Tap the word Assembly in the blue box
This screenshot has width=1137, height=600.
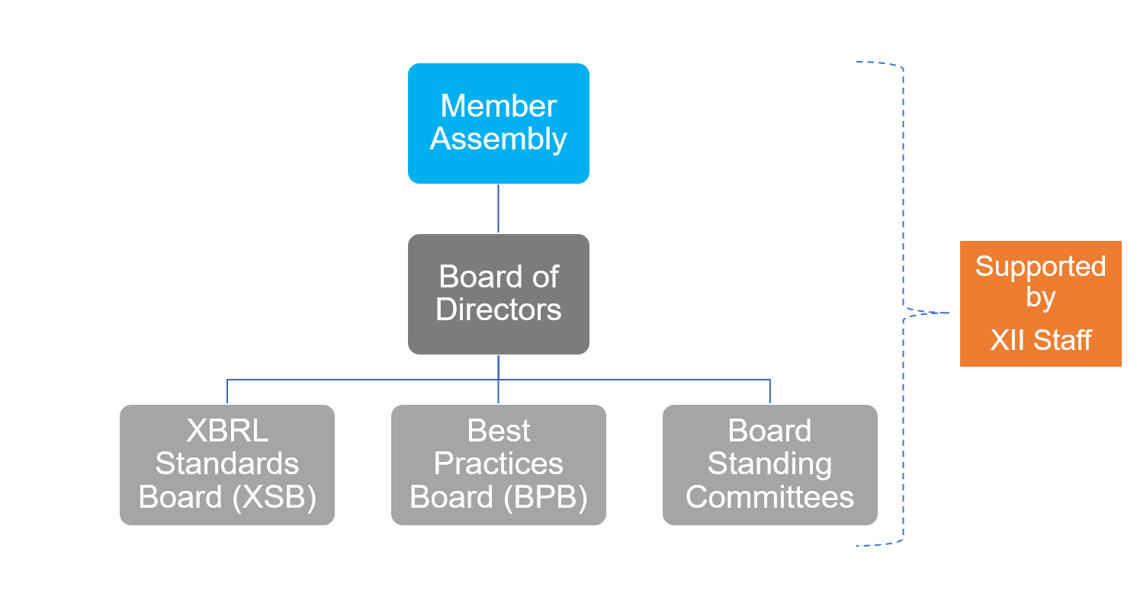pos(499,139)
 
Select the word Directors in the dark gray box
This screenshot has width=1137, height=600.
pos(499,310)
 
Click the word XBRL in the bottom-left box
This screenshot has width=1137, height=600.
pos(227,431)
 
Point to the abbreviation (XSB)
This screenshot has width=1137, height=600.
pos(275,497)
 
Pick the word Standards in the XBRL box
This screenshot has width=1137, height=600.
pos(227,464)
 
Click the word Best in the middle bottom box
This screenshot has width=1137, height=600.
pos(499,431)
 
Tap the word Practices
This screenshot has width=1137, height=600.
pos(499,464)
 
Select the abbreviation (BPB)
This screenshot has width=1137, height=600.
pos(546,497)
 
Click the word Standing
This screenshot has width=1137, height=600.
pos(770,464)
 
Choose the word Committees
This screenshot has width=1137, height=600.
pos(770,497)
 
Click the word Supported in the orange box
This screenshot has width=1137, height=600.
pos(1041,267)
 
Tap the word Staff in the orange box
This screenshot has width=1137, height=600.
pos(1062,340)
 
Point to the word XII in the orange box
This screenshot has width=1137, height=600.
pos(1007,340)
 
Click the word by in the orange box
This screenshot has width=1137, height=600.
pos(1041,298)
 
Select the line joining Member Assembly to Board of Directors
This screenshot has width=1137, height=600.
pos(499,209)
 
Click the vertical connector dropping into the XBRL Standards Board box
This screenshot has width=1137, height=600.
pos(227,392)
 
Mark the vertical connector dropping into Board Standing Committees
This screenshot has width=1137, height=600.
pos(770,392)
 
